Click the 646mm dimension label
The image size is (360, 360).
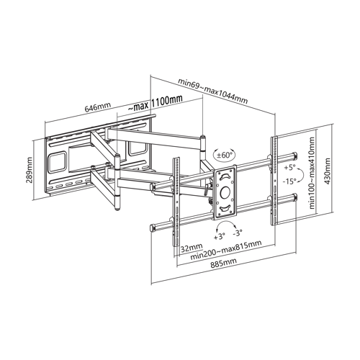point(98,107)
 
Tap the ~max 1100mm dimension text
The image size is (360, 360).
point(156,104)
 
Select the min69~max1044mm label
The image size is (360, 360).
point(212,91)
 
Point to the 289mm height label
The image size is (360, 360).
point(30,170)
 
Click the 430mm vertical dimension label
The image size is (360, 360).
point(328,171)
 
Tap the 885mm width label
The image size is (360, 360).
point(223,263)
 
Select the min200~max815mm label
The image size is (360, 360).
point(225,250)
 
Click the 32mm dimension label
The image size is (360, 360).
point(192,248)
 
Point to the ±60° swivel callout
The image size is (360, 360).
point(225,155)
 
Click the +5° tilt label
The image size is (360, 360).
point(289,168)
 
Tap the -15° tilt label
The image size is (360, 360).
point(289,181)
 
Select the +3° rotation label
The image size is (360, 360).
point(220,237)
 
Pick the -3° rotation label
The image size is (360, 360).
point(238,233)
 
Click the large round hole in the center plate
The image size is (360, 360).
point(225,192)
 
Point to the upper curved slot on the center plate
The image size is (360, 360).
point(225,176)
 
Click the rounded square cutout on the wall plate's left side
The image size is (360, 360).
point(57,162)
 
